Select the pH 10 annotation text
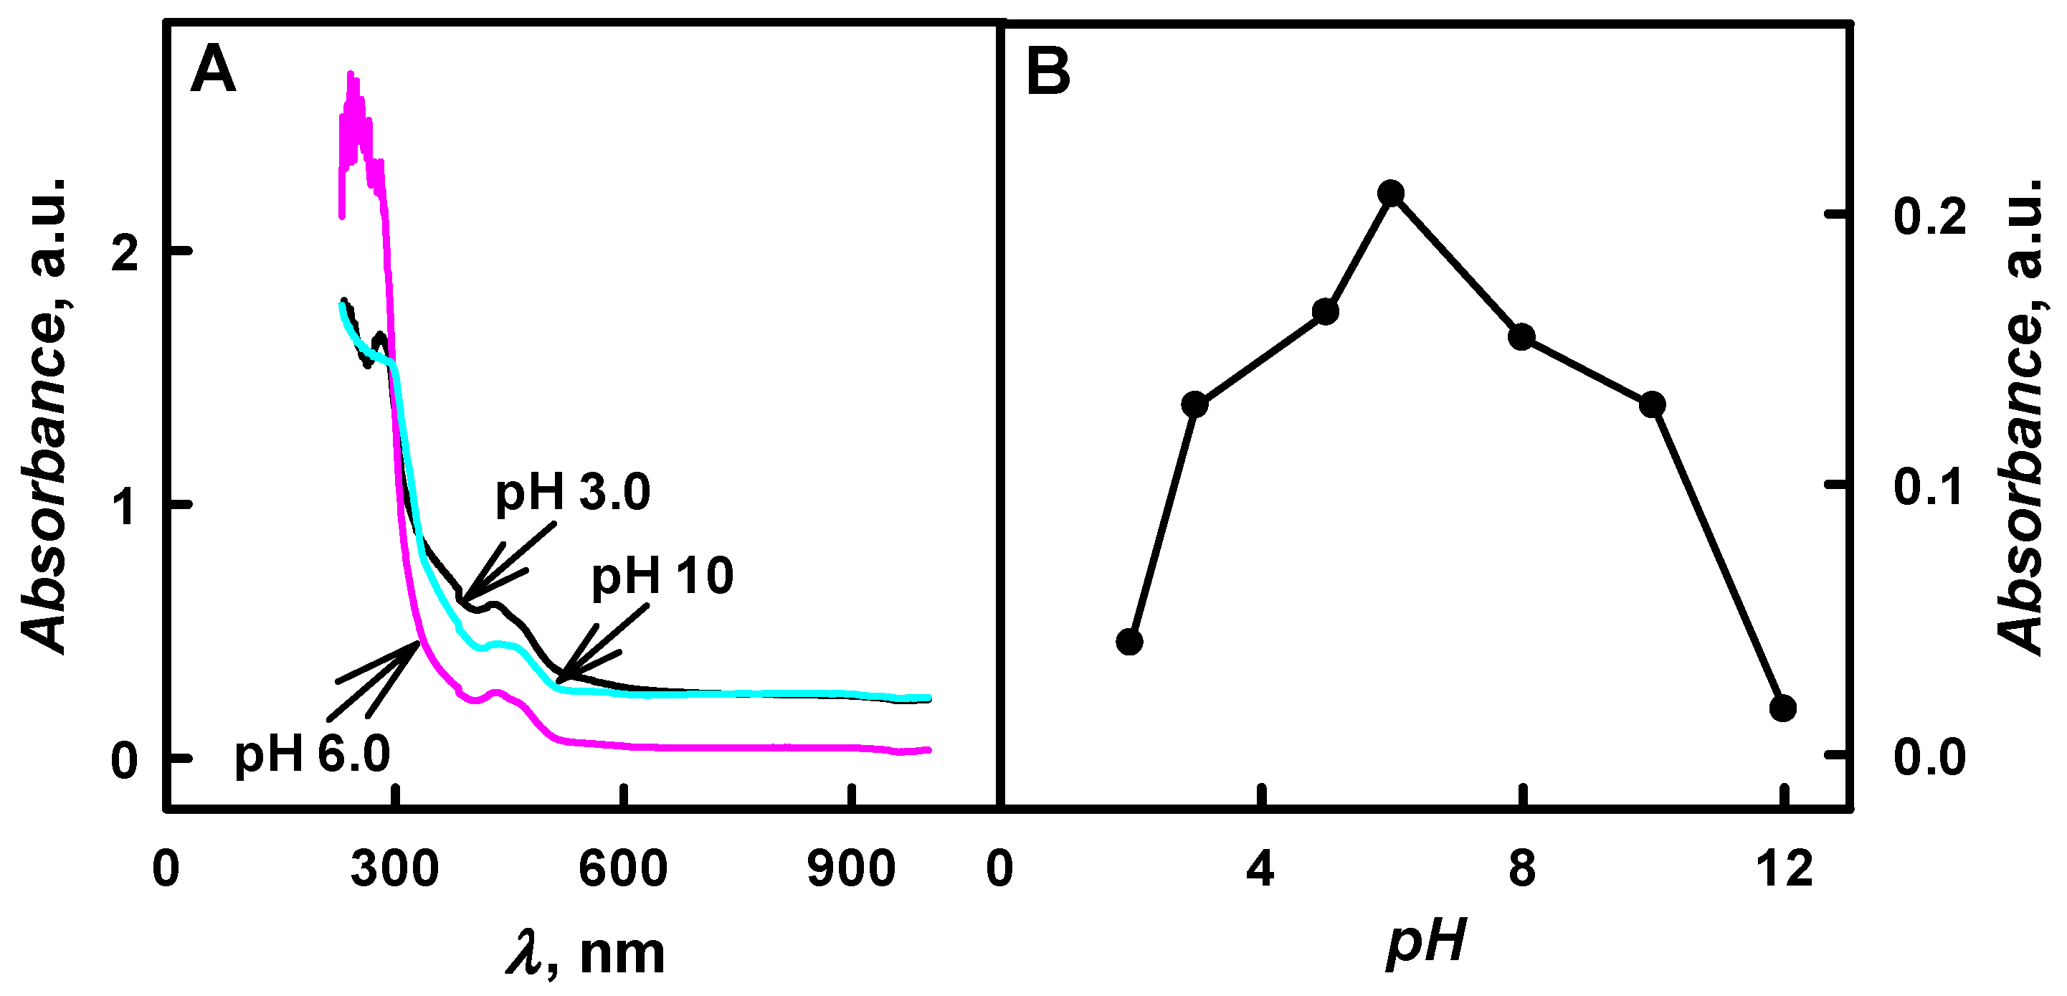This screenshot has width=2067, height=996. [x=662, y=576]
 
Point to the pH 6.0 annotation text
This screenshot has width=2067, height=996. [x=312, y=754]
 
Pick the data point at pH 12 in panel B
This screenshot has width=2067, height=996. [x=1783, y=708]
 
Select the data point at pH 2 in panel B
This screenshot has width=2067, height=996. [x=1130, y=641]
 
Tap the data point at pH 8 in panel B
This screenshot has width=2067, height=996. [x=1521, y=336]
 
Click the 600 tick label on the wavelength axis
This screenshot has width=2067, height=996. [x=622, y=869]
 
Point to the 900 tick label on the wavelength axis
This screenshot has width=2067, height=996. [x=850, y=869]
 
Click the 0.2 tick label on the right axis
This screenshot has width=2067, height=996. [x=1930, y=217]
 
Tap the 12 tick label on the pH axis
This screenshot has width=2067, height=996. [x=1784, y=869]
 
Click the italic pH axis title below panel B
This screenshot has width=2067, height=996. [x=1427, y=941]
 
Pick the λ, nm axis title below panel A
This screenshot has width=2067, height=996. [x=586, y=953]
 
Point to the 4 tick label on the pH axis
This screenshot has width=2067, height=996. [x=1260, y=869]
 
